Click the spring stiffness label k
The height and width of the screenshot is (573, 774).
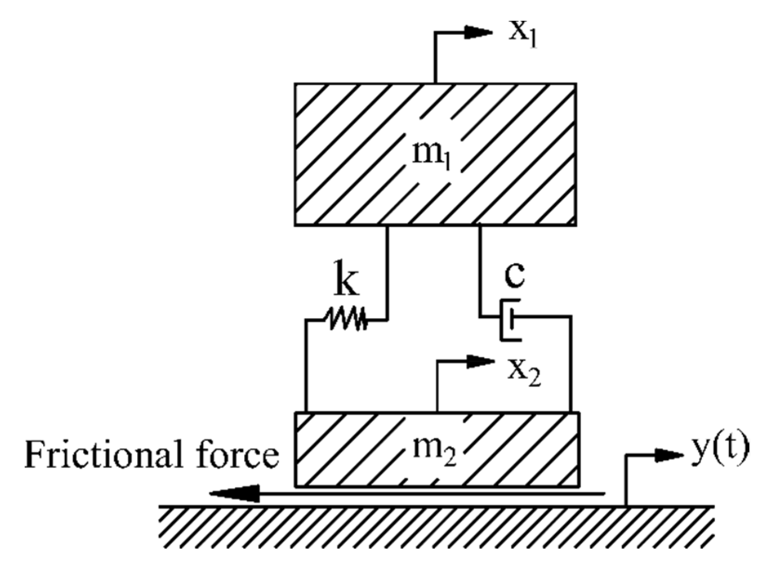point(346,281)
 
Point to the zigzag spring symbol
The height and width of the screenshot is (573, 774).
point(347,319)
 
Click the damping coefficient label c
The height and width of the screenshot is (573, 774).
point(515,275)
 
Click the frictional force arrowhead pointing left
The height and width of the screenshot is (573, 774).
point(235,493)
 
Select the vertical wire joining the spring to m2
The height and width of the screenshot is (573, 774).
point(306,367)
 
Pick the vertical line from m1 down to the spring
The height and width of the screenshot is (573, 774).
point(387,272)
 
